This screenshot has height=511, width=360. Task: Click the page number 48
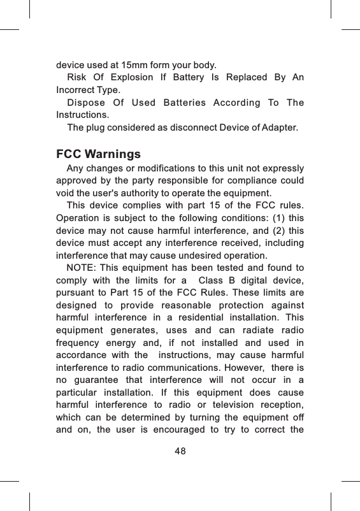pyautogui.click(x=180, y=452)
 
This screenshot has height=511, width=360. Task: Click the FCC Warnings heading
pyautogui.click(x=99, y=155)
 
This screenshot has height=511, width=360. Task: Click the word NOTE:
pyautogui.click(x=82, y=266)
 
